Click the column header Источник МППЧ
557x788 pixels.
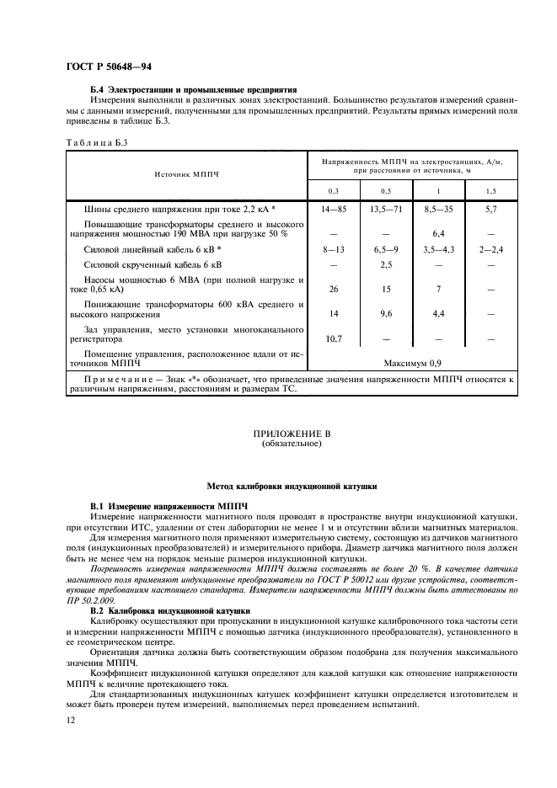tap(186, 173)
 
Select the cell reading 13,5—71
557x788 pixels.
tap(386, 207)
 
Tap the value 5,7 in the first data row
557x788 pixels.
tap(491, 207)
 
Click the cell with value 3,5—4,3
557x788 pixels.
tap(438, 250)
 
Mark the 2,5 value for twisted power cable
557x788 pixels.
tap(386, 265)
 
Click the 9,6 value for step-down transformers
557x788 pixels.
tap(386, 312)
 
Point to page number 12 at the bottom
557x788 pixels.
tap(72, 721)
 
